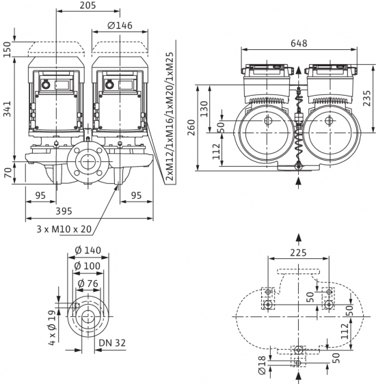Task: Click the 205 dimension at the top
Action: point(88,5)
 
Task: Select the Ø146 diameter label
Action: point(120,25)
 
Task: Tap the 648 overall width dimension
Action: point(299,43)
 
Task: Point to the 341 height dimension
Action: point(8,109)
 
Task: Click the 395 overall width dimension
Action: point(64,211)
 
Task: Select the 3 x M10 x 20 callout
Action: point(64,229)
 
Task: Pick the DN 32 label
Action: point(112,343)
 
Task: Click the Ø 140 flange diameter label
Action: point(88,250)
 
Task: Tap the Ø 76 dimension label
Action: point(88,284)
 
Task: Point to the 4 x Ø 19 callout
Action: point(52,329)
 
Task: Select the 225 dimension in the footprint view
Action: point(298,253)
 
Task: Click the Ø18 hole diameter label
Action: point(262,365)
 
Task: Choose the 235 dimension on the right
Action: point(367,98)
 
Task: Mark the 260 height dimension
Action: point(191,127)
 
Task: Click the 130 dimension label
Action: point(204,109)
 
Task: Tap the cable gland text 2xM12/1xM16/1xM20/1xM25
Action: point(170,116)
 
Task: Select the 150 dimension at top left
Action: point(8,49)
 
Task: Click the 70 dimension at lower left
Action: point(8,173)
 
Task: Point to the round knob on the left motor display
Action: point(46,85)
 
